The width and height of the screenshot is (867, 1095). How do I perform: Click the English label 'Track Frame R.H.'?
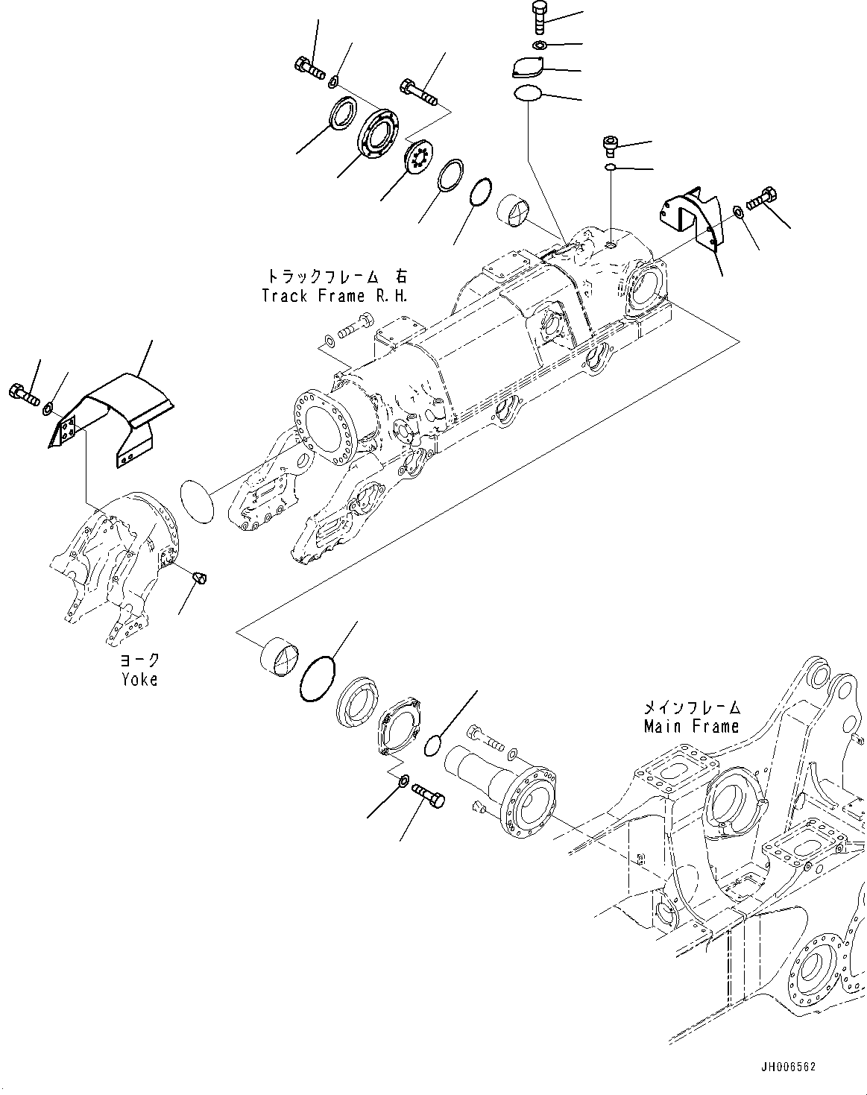[335, 295]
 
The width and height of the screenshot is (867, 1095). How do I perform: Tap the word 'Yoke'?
[139, 679]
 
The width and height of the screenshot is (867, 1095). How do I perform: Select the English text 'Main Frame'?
[691, 725]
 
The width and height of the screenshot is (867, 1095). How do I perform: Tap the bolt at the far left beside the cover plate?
[25, 394]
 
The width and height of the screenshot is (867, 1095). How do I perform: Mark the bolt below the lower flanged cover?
[427, 795]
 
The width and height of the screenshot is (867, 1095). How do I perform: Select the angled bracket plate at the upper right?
[691, 215]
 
